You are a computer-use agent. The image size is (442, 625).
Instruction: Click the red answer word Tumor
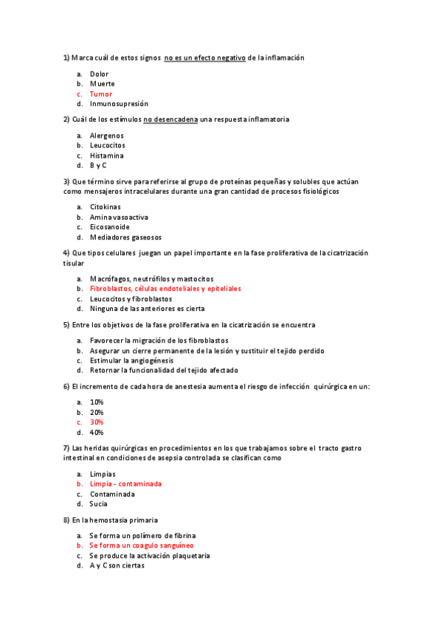101,94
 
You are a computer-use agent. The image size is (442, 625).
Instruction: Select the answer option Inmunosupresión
119,104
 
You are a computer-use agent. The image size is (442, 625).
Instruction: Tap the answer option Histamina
106,156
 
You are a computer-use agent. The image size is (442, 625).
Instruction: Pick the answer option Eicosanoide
109,227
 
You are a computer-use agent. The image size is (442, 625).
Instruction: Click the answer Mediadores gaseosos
125,237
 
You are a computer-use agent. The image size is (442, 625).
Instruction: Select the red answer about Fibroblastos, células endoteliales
165,289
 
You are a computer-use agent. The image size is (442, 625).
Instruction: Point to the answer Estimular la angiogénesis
131,360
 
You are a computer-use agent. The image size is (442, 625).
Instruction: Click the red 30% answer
97,422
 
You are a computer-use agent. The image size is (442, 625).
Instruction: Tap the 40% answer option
97,433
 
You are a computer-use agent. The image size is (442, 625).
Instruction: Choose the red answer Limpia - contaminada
125,483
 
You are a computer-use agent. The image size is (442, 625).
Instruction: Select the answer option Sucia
99,504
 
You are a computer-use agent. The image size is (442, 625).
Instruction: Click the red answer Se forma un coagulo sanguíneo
142,545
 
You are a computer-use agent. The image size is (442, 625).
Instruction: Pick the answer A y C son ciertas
117,565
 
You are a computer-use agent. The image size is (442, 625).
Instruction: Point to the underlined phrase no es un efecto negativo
204,57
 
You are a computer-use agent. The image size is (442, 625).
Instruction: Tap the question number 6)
66,386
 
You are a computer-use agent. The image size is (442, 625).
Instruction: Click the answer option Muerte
102,84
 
